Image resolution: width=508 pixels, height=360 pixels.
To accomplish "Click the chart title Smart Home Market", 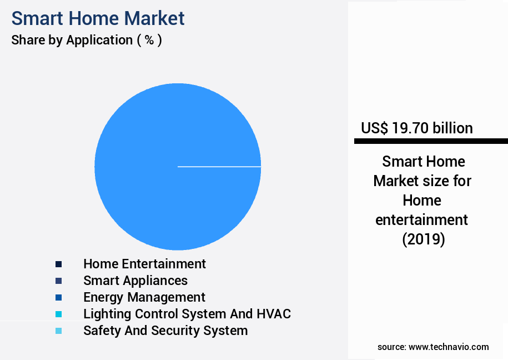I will click(98, 18).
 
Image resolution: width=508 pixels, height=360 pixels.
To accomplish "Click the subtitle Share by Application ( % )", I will click(87, 40).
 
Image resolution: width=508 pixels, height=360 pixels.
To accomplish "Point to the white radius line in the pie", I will click(219, 166).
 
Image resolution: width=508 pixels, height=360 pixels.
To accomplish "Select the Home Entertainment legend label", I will click(144, 264).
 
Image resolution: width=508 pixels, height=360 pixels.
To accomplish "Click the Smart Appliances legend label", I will click(135, 281).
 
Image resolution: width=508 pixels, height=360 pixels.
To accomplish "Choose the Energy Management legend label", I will click(144, 297).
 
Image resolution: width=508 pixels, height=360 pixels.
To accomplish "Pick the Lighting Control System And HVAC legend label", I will click(187, 314).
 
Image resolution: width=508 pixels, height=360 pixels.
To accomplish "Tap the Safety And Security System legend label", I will click(165, 331).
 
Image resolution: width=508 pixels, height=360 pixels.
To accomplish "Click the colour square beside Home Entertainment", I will click(58, 264).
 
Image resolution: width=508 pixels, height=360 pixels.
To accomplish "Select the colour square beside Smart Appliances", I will click(58, 281).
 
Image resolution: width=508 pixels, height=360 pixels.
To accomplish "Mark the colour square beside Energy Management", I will click(58, 297).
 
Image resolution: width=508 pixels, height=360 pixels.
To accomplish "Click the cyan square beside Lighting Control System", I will click(58, 314).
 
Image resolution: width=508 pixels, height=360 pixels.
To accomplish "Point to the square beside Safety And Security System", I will click(58, 331).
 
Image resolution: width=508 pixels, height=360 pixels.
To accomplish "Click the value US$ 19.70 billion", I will click(416, 128).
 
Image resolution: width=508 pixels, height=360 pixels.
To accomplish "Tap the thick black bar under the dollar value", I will click(431, 142).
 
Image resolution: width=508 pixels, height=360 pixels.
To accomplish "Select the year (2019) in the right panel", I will click(423, 239).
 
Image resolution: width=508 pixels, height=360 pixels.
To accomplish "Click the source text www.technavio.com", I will click(449, 347).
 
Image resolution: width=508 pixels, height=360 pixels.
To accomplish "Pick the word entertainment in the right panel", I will click(422, 220).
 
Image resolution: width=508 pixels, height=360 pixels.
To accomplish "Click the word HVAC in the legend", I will click(274, 314).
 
